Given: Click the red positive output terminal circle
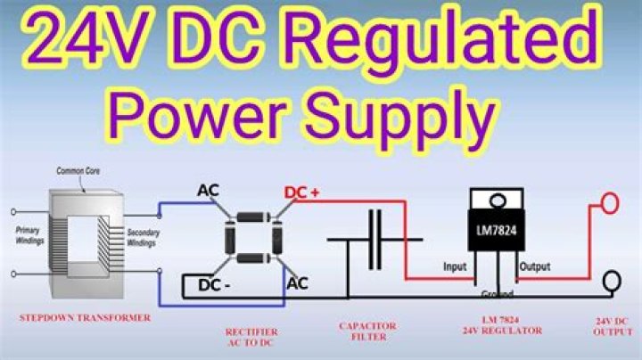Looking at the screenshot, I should [609, 204].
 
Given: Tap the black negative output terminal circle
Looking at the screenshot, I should [613, 282].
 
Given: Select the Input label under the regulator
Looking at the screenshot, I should [456, 266].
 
